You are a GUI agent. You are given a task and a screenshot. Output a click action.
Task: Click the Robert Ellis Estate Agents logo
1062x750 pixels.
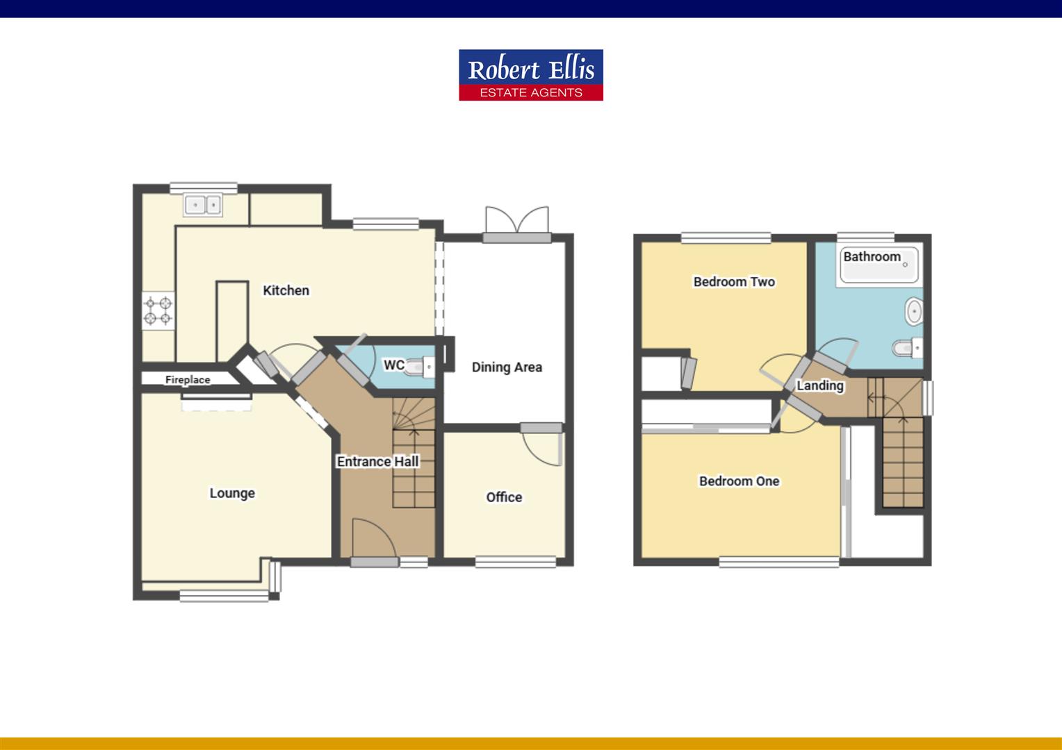(x=530, y=75)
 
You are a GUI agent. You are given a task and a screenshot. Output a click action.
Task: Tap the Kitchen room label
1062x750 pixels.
(x=286, y=290)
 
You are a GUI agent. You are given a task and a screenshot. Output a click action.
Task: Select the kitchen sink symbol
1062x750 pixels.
(x=203, y=205)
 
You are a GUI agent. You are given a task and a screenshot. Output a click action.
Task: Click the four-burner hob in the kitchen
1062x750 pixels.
(x=158, y=310)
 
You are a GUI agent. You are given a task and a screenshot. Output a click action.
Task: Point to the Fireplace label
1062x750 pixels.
(x=188, y=380)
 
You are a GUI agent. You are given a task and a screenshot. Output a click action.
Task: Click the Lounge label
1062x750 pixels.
(x=232, y=493)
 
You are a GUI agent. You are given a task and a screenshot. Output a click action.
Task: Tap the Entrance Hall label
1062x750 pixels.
(x=377, y=461)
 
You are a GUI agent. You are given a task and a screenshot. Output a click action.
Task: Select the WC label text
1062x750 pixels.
(x=393, y=365)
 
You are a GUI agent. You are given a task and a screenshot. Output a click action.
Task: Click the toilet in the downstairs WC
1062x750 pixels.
(x=421, y=365)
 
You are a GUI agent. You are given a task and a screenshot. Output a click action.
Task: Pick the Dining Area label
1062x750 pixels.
(x=507, y=367)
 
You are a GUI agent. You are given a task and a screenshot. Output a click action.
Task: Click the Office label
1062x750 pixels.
(x=504, y=497)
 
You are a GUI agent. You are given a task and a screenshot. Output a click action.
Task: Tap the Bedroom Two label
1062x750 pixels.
(x=734, y=281)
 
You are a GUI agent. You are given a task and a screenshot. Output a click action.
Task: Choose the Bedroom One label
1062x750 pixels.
(x=739, y=481)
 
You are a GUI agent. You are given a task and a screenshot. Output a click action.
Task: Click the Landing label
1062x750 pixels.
(x=820, y=385)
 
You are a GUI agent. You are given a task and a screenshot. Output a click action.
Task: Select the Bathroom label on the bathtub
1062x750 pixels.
(x=872, y=257)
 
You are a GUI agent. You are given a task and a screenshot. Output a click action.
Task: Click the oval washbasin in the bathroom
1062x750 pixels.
(x=913, y=312)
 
